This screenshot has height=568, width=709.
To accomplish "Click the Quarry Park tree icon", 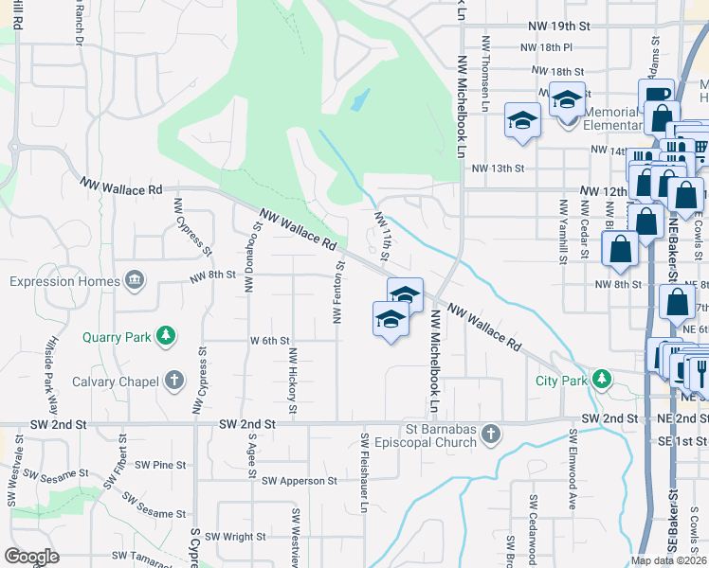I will [x=167, y=335].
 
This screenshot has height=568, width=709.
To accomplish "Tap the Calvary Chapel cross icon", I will [x=173, y=381].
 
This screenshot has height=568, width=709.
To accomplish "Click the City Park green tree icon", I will [x=601, y=379].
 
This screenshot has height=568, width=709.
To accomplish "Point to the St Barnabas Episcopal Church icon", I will [x=490, y=435].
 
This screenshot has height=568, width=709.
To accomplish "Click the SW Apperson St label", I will [x=300, y=481].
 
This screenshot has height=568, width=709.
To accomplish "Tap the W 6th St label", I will [x=268, y=340].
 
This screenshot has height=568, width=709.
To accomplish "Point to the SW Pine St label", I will [x=159, y=465].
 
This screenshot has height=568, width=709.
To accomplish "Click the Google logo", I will [x=32, y=557].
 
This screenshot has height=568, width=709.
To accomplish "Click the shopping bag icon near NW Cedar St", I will [x=620, y=249].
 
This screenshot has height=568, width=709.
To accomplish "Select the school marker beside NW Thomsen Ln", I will [x=520, y=120].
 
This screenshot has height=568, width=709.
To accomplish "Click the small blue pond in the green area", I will [x=360, y=98].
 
